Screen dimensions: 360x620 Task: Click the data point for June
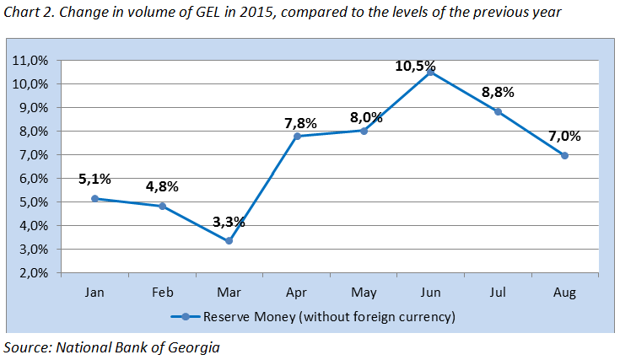pyautogui.click(x=430, y=73)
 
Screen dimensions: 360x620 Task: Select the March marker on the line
pyautogui.click(x=229, y=240)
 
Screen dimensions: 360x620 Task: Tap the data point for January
pyautogui.click(x=94, y=198)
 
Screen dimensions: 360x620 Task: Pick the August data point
pyautogui.click(x=564, y=155)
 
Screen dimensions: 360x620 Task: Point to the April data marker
pyautogui.click(x=296, y=136)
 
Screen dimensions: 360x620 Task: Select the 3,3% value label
pyautogui.click(x=228, y=223)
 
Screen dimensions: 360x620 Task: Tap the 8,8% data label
pyautogui.click(x=497, y=93)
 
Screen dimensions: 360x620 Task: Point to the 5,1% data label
pyautogui.click(x=94, y=180)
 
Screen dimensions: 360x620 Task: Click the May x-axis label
pyautogui.click(x=363, y=293)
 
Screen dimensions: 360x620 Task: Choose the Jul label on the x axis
pyautogui.click(x=497, y=293)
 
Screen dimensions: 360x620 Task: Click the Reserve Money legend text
pyautogui.click(x=329, y=317)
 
